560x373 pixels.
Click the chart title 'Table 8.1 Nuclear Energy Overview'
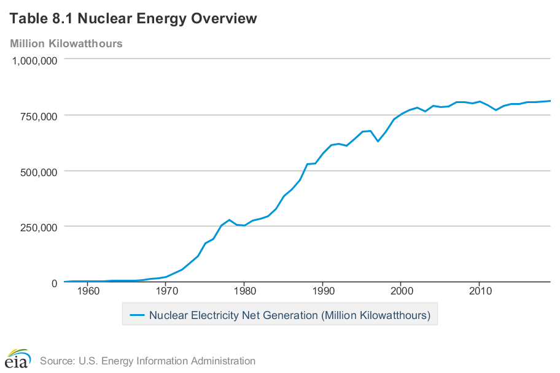coord(133,19)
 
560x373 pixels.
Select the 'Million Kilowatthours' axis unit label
coord(66,44)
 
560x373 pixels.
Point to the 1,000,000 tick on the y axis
coord(36,60)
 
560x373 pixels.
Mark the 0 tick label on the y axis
coord(54,283)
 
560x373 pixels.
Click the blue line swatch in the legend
coord(137,315)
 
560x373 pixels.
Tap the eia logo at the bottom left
coord(18,358)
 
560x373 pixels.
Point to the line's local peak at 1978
coord(229,220)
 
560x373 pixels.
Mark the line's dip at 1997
coord(378,142)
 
